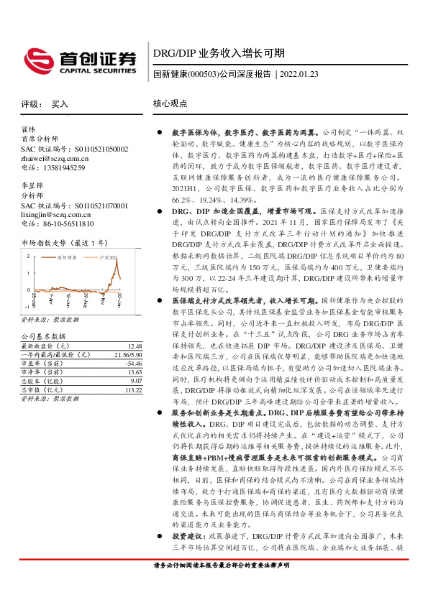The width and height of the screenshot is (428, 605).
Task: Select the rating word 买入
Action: [60, 104]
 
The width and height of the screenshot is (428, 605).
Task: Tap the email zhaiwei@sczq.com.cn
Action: [54, 158]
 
